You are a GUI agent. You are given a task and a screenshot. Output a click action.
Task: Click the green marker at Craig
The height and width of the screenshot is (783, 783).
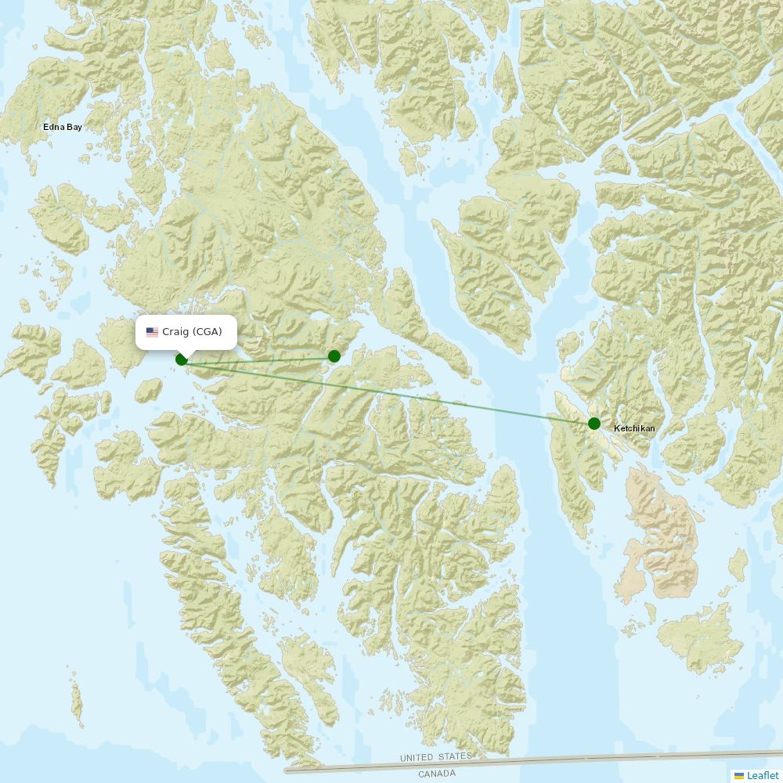click(x=182, y=359)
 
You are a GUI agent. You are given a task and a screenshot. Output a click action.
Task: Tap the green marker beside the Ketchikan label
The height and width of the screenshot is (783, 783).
click(x=594, y=424)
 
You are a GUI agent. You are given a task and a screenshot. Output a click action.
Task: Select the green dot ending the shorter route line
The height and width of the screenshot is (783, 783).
click(x=334, y=356)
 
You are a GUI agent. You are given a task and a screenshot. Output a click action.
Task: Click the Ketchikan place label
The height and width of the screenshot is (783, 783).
click(x=634, y=428)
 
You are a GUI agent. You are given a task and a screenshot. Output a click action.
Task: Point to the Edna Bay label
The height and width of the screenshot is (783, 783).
click(x=63, y=126)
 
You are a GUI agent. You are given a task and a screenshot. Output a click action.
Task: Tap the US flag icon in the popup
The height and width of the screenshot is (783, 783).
click(x=152, y=332)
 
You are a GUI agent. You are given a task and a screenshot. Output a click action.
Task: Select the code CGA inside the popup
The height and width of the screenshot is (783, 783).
click(x=208, y=332)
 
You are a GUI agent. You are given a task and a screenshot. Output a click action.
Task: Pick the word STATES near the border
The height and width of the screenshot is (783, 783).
click(x=456, y=756)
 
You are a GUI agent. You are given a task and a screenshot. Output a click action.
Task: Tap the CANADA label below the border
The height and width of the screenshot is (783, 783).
click(x=437, y=774)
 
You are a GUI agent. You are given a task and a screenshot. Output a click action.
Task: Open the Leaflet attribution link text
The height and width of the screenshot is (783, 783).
click(x=763, y=775)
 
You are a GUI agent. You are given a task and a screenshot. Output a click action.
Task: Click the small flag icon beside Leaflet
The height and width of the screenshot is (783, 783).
click(x=739, y=776)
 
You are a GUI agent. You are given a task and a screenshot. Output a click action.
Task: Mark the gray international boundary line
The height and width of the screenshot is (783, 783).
click(x=548, y=760)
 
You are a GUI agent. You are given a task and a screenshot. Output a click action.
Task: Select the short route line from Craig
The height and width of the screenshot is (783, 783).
click(x=258, y=358)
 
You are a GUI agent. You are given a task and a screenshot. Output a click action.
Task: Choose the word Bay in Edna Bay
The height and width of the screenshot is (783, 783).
click(x=74, y=126)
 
